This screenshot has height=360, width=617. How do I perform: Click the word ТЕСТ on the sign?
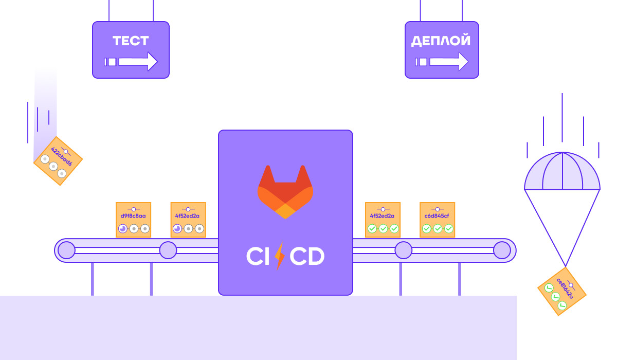click(x=131, y=41)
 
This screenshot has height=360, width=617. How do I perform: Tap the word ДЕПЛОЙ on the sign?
click(x=441, y=41)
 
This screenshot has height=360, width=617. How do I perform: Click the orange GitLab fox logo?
click(x=285, y=191)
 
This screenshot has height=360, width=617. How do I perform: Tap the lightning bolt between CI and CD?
click(x=280, y=256)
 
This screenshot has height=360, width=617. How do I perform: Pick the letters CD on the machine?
click(x=306, y=256)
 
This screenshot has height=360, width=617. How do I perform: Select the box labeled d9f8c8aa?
click(x=133, y=220)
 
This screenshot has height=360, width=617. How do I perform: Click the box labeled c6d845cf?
click(x=438, y=220)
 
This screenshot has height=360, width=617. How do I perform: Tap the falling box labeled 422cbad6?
click(x=58, y=160)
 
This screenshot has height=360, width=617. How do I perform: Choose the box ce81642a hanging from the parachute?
click(x=562, y=291)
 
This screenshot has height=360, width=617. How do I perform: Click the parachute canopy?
click(x=562, y=172)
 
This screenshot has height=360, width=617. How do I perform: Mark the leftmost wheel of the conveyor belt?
click(x=66, y=250)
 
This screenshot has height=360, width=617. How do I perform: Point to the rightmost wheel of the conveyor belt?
click(x=502, y=250)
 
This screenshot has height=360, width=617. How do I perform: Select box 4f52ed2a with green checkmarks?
click(x=383, y=220)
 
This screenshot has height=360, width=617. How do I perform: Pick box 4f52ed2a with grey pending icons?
click(x=188, y=220)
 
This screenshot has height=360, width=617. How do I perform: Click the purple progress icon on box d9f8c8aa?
click(x=122, y=229)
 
